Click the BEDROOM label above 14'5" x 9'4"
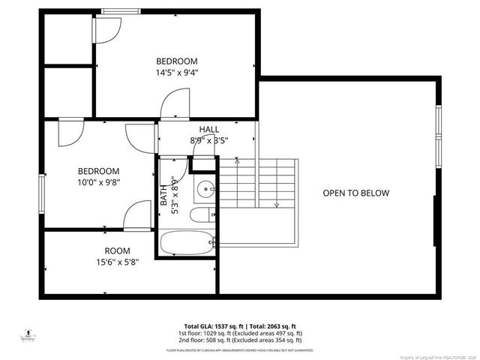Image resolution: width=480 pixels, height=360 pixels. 176,61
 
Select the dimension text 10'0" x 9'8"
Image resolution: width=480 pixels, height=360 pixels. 99,181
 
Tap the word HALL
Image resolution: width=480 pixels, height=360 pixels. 209,129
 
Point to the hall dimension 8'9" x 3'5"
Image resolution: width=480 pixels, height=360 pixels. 209,139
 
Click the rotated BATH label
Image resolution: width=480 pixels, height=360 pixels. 164,196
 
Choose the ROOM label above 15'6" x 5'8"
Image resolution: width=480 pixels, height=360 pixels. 117,250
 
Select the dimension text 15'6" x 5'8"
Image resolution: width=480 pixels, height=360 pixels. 117,262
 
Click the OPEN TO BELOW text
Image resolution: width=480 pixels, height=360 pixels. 356,193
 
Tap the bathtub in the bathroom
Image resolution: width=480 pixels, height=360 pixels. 187,244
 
